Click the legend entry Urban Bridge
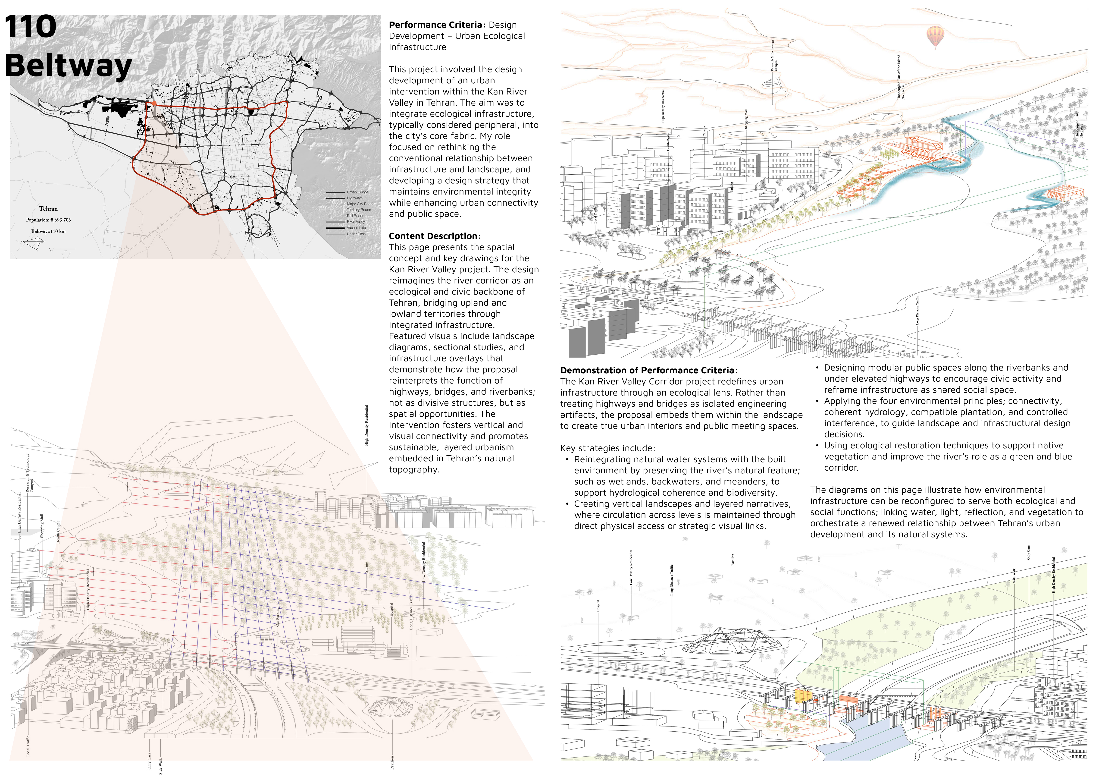point(357,192)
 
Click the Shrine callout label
point(366,567)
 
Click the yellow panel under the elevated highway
point(802,695)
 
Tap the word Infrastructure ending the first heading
point(417,47)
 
